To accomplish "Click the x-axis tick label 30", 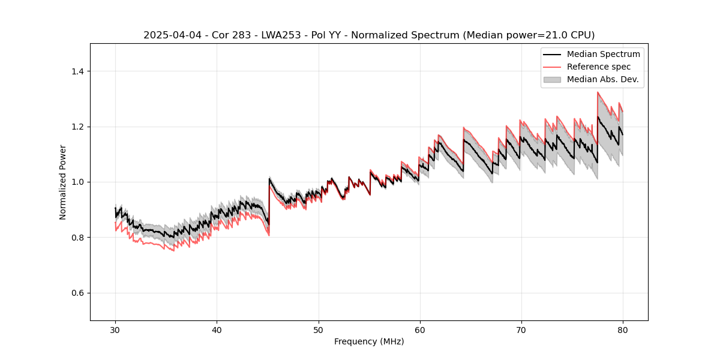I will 115,329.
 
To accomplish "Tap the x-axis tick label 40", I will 217,329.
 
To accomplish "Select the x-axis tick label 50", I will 318,329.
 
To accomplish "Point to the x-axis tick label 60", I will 419,329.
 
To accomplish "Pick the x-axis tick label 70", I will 521,329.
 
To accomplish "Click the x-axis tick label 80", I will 622,329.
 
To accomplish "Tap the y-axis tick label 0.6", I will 77,293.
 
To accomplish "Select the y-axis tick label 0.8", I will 77,238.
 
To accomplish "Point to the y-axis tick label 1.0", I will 77,182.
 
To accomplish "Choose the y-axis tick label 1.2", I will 77,127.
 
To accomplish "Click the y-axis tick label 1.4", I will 77,71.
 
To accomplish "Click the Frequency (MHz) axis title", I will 369,341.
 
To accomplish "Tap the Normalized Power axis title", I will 63,182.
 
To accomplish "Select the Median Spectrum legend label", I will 603,54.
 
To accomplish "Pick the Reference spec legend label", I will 598,67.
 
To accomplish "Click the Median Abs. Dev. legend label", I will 602,79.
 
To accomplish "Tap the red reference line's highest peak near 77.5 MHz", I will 598,92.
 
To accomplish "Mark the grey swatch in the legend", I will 552,79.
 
